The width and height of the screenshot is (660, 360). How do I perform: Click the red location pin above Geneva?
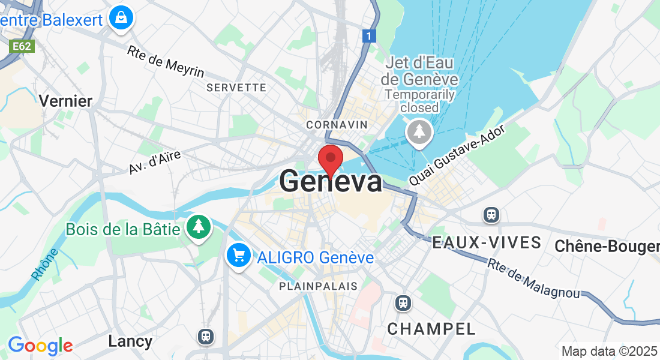pyautogui.click(x=330, y=159)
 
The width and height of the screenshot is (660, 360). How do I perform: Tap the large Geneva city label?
pyautogui.click(x=331, y=182)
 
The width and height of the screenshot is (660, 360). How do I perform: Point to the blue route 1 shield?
pyautogui.click(x=370, y=37)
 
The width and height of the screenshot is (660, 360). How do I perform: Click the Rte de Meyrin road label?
pyautogui.click(x=166, y=61)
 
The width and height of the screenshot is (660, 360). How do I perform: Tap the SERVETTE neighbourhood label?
pyautogui.click(x=236, y=88)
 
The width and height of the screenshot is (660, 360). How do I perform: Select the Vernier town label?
pyautogui.click(x=65, y=101)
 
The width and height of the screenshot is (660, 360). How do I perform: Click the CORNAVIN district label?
pyautogui.click(x=336, y=125)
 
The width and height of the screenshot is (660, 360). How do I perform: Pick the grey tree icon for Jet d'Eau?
pyautogui.click(x=419, y=132)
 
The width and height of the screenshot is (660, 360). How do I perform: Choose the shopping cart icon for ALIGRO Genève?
pyautogui.click(x=239, y=256)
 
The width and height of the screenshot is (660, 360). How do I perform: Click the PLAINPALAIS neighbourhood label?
pyautogui.click(x=318, y=287)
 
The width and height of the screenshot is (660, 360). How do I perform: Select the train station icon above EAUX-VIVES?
pyautogui.click(x=491, y=214)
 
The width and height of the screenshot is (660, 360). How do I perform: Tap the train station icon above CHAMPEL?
pyautogui.click(x=404, y=303)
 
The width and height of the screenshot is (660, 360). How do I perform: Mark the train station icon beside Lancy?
pyautogui.click(x=206, y=336)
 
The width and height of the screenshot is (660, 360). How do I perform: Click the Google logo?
pyautogui.click(x=40, y=346)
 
